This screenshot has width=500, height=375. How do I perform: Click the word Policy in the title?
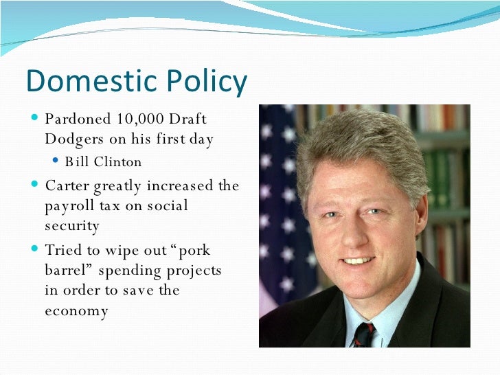pos(204,82)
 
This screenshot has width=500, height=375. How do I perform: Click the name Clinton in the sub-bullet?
pos(118,162)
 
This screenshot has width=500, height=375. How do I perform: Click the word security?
pos(72,225)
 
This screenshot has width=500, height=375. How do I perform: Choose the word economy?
pos(76,310)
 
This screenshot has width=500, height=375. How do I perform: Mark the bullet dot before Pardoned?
pos(36,118)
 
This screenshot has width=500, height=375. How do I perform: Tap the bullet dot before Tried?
pos(36,249)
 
